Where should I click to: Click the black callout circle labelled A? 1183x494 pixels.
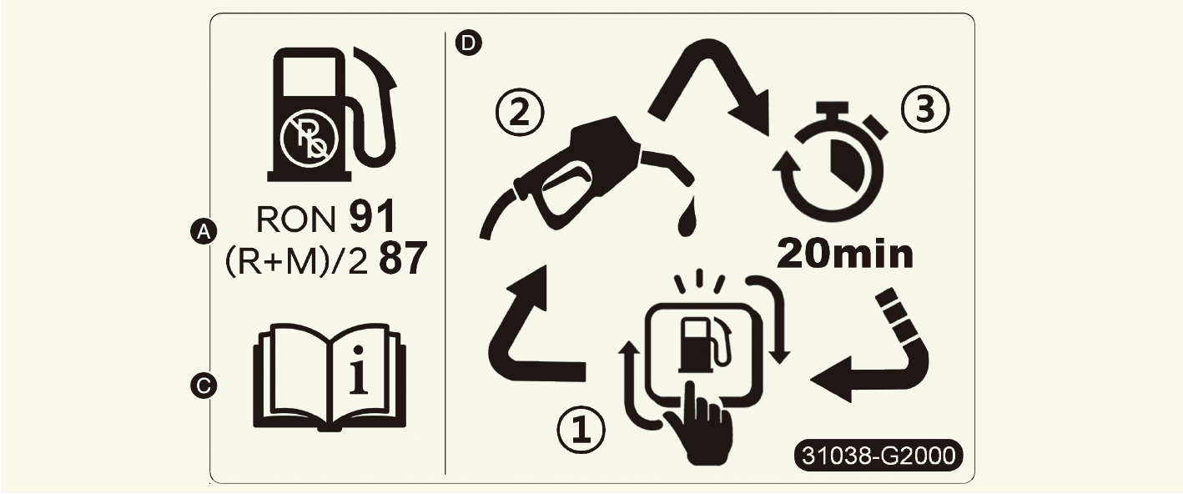tap(204, 231)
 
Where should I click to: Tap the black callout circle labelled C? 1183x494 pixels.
tap(204, 386)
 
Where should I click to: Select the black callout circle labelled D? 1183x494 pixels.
tap(469, 43)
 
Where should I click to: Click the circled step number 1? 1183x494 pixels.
tap(581, 430)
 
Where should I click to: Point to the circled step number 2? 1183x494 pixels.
tap(520, 113)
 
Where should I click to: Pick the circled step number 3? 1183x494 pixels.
tap(924, 110)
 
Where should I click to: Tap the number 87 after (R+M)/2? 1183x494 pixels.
tap(403, 259)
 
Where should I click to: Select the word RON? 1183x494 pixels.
tap(295, 219)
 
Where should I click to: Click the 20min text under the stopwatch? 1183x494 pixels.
tap(845, 255)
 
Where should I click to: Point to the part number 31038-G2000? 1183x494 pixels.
tap(878, 455)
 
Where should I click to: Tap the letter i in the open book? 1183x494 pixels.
tap(359, 370)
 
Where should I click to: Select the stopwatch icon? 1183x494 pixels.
tap(829, 159)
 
